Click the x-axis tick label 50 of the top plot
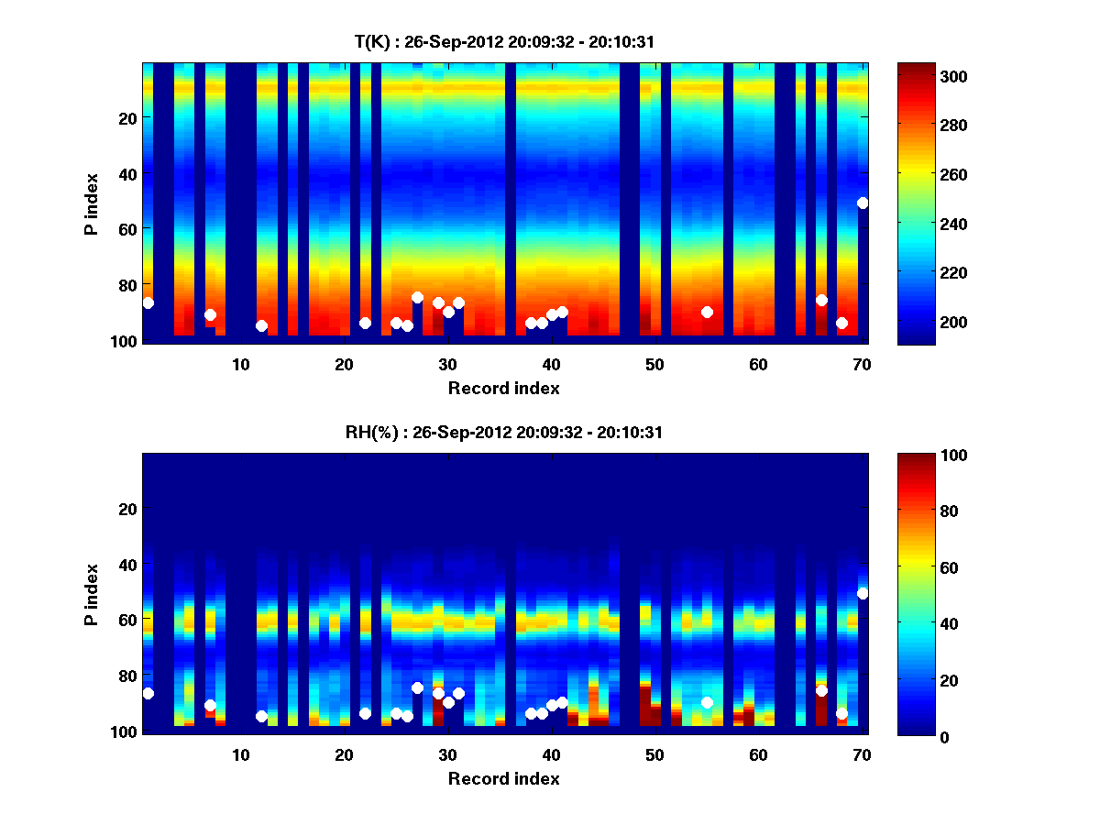[x=654, y=364]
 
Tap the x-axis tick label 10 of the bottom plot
[x=240, y=754]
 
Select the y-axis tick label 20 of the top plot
[x=126, y=117]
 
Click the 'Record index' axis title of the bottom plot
[x=504, y=778]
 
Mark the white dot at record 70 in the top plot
[x=863, y=203]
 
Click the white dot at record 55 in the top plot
[x=707, y=312]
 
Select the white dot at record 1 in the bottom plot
[x=148, y=693]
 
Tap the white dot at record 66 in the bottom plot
[x=821, y=690]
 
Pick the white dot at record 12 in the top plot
[x=261, y=325]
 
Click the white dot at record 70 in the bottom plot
[x=863, y=593]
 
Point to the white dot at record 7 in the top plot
[x=210, y=314]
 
